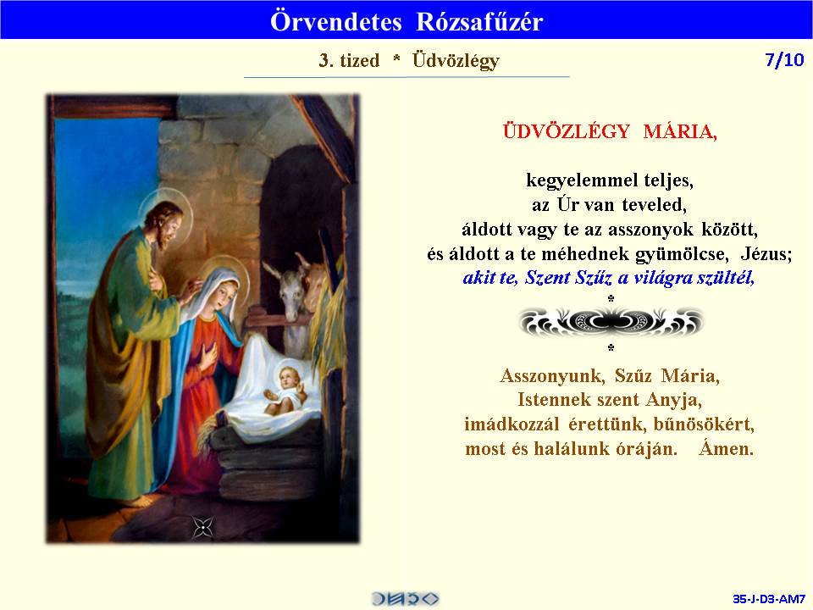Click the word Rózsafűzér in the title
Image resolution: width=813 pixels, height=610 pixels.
click(479, 21)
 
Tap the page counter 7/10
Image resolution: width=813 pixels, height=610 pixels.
click(784, 60)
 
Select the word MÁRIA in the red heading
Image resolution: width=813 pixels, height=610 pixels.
click(680, 131)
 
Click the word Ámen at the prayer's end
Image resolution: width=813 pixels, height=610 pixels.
click(726, 448)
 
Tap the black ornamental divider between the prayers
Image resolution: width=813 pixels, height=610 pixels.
click(611, 322)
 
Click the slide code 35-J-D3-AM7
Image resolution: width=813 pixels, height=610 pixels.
click(768, 599)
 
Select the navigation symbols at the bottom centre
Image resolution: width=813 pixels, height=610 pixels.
click(406, 599)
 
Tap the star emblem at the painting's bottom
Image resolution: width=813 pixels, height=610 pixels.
click(202, 528)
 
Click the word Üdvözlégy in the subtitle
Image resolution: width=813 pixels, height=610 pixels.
click(456, 61)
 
